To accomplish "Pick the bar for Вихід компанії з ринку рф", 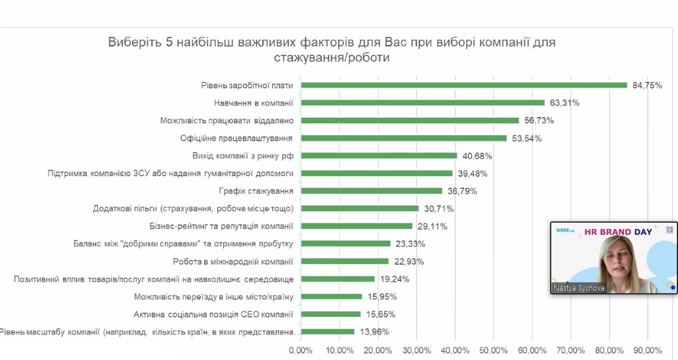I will pyautogui.click(x=379, y=155).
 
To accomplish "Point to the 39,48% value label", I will pyautogui.click(x=471, y=174).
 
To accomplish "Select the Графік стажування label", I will pyautogui.click(x=256, y=191).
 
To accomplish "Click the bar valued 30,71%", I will pyautogui.click(x=360, y=209).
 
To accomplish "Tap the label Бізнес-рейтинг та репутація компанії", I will pyautogui.click(x=222, y=226).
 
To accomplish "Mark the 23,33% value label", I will pyautogui.click(x=409, y=244).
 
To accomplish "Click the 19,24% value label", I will pyautogui.click(x=394, y=279).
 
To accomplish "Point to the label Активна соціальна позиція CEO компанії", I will pyautogui.click(x=214, y=314).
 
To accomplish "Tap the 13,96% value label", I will pyautogui.click(x=374, y=332).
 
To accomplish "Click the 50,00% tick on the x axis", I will pyautogui.click(x=492, y=350).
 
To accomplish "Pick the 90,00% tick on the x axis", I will pyautogui.click(x=647, y=350).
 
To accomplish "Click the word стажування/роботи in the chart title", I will pyautogui.click(x=331, y=58).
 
